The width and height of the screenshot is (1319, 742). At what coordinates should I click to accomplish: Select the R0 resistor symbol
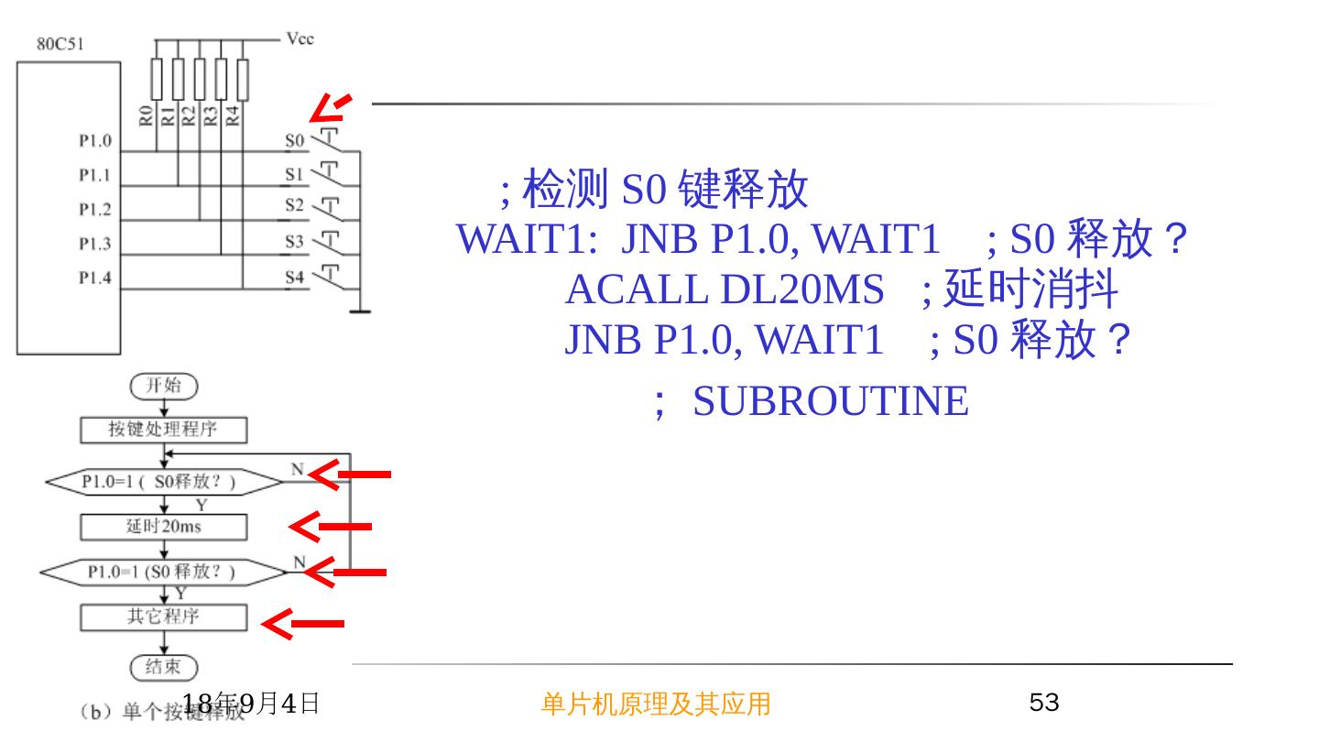(157, 80)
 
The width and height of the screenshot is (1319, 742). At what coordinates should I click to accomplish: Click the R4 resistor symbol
(243, 80)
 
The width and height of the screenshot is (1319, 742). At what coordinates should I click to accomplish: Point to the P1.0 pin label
(94, 142)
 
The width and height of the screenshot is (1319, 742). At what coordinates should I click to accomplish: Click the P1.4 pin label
(94, 278)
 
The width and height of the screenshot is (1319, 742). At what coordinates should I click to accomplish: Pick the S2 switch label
(293, 205)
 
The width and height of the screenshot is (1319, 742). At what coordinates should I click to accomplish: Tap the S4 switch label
(293, 277)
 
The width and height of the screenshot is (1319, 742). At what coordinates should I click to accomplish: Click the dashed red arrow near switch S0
(330, 108)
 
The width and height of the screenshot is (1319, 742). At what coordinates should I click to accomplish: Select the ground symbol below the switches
(360, 311)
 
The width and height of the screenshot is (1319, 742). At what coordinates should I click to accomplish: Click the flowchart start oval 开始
(164, 386)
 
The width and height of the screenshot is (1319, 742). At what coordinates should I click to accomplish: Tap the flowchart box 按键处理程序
(164, 429)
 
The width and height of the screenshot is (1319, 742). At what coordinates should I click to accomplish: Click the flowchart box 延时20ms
(164, 527)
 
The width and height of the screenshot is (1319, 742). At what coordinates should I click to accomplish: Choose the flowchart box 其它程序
(164, 617)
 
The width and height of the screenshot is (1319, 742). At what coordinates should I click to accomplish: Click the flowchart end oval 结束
(164, 667)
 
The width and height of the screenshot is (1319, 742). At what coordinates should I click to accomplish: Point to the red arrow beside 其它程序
(302, 624)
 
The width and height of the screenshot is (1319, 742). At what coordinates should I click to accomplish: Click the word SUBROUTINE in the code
(830, 401)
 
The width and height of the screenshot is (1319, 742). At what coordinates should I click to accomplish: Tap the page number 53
(1044, 703)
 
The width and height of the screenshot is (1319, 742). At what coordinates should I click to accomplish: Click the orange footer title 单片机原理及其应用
(656, 704)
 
